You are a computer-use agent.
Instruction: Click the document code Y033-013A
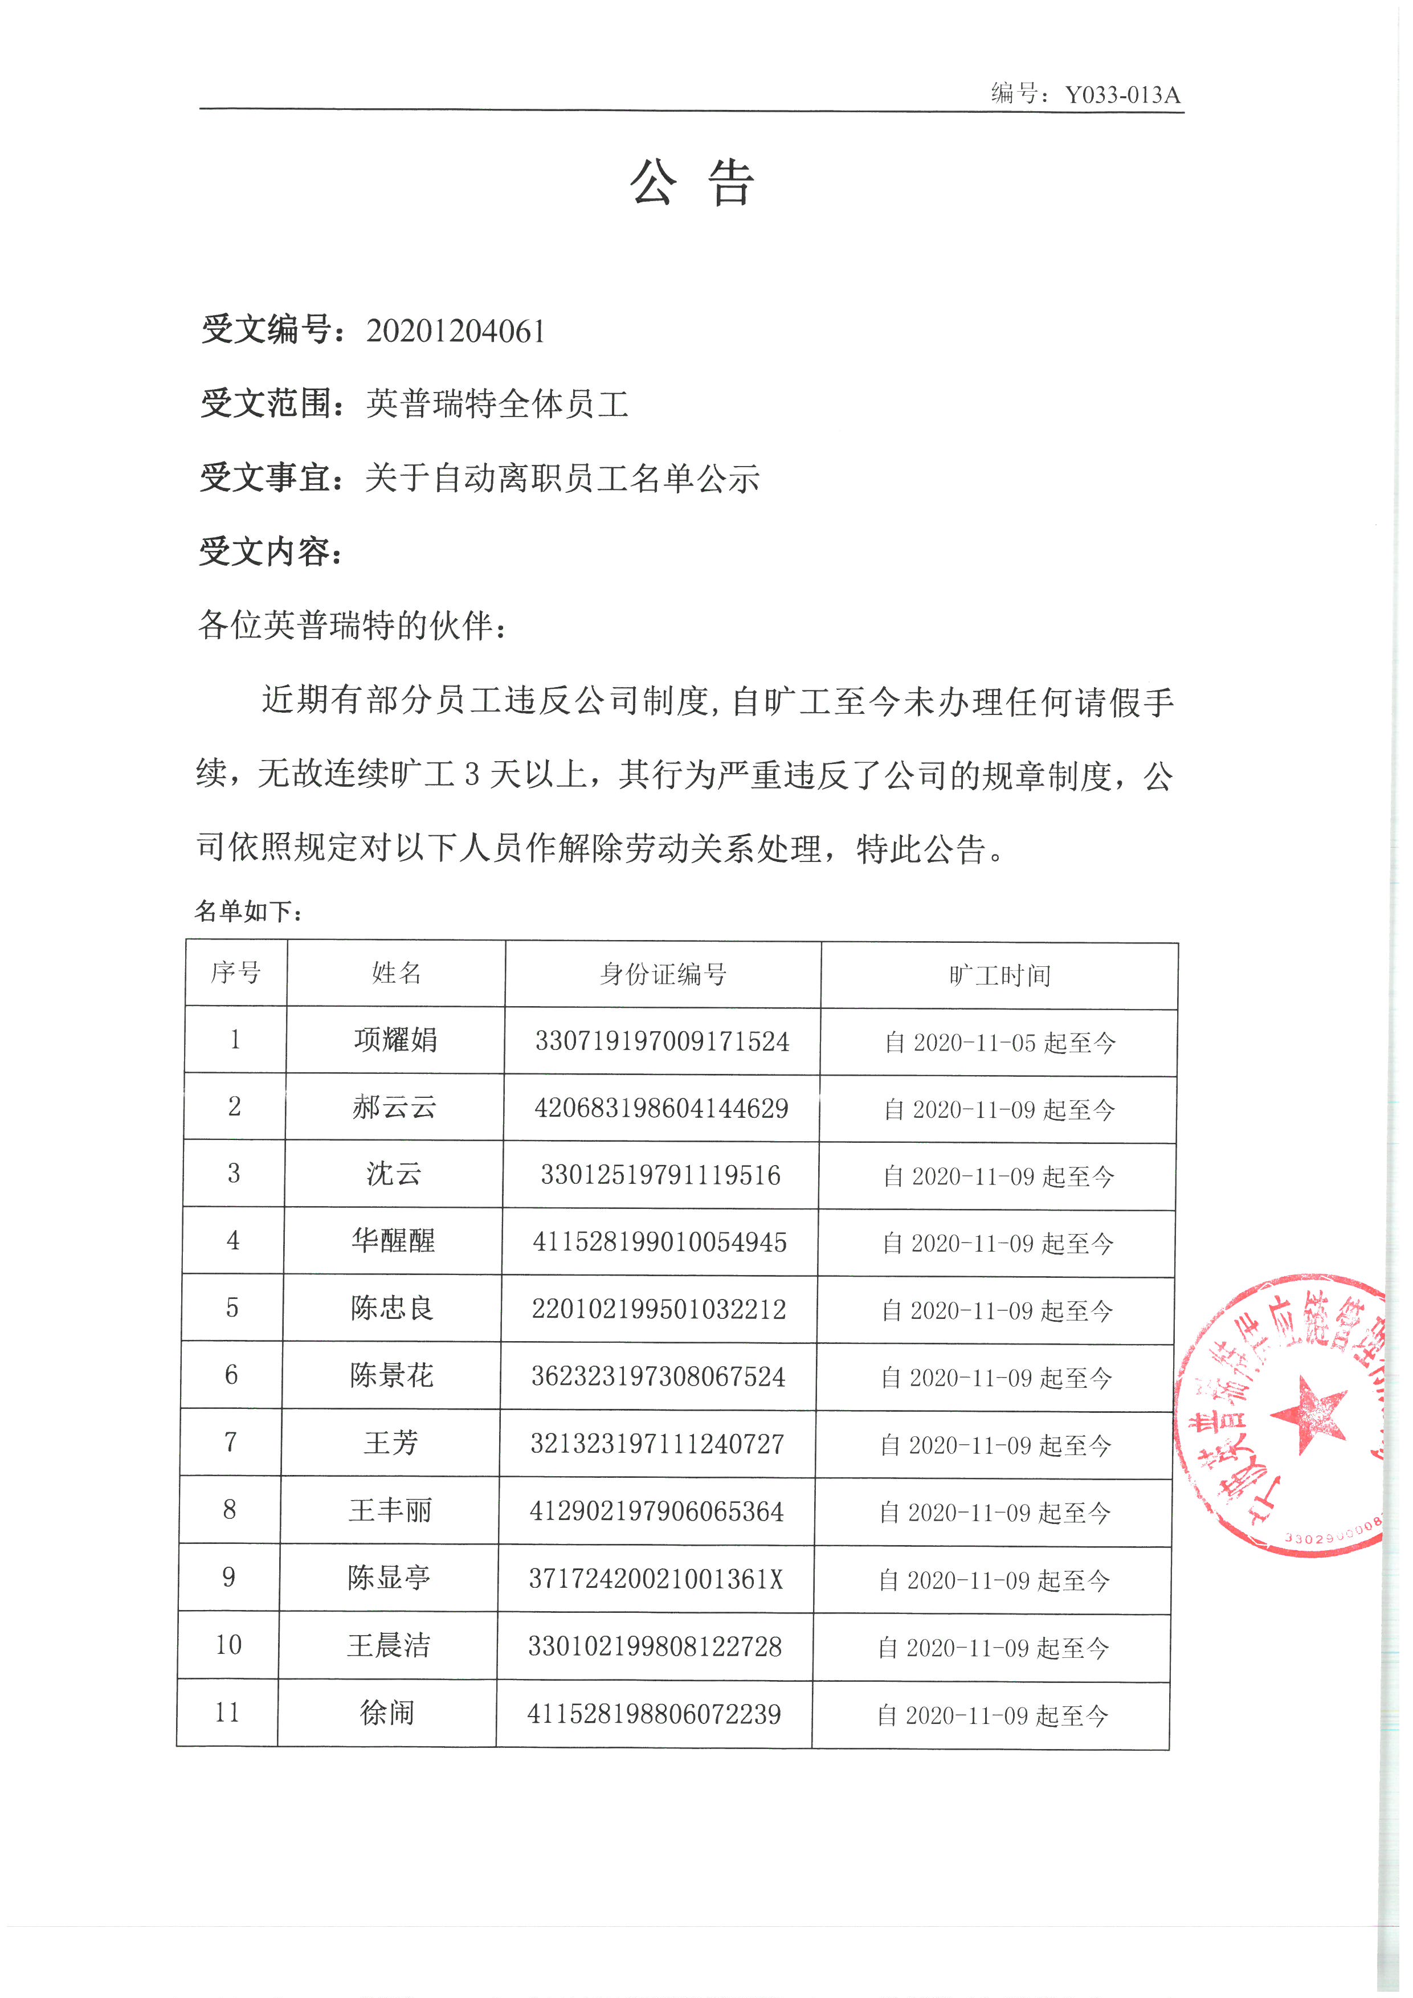click(1122, 95)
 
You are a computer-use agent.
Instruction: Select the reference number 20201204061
click(455, 332)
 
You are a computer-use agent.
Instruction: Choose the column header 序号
click(236, 973)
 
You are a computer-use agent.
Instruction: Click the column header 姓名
click(397, 973)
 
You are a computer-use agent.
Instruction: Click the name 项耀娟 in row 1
click(396, 1040)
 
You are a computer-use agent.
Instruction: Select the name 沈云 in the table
click(393, 1174)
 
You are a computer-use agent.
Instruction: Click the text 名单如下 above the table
click(248, 911)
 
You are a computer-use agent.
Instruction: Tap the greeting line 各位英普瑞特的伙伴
click(352, 625)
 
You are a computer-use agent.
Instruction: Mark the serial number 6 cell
click(231, 1375)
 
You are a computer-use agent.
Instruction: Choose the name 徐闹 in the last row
click(387, 1713)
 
